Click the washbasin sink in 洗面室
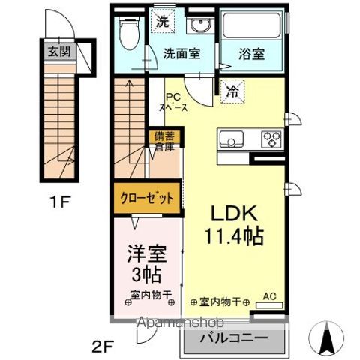pyautogui.click(x=199, y=27)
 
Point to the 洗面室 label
pyautogui.click(x=181, y=53)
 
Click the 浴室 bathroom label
pyautogui.click(x=251, y=54)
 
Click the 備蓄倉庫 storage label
pyautogui.click(x=163, y=142)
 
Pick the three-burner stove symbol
pyautogui.click(x=271, y=139)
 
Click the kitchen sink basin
pyautogui.click(x=230, y=139)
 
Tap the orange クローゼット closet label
pyautogui.click(x=147, y=199)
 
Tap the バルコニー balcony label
pyautogui.click(x=234, y=340)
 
